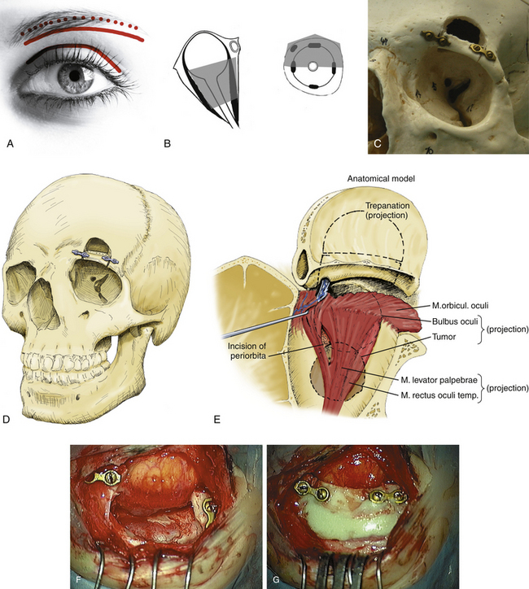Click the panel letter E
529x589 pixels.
pos(216,420)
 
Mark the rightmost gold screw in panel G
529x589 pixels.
pos(400,495)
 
